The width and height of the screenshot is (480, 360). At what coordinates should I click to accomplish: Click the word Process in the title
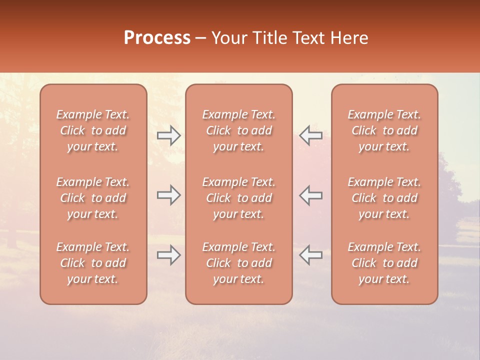157,38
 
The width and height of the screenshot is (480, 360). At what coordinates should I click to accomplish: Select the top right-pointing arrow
168,135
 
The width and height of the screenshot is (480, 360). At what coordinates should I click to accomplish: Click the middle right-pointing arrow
168,195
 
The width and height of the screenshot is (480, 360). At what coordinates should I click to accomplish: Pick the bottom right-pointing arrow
168,255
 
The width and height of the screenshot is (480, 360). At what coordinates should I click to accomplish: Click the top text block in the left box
93,130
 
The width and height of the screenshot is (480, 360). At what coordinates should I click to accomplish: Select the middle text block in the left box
93,198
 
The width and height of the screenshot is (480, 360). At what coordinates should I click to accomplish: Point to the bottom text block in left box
93,263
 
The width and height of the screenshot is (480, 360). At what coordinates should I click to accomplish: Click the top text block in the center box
239,130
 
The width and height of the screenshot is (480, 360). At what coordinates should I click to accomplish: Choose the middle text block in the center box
239,198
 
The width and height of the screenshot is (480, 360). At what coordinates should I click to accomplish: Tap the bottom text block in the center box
239,263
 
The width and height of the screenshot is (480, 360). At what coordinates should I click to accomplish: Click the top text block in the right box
384,130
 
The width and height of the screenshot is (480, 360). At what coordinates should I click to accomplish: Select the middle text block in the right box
384,198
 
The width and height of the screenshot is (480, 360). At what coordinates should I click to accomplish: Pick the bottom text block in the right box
384,263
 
